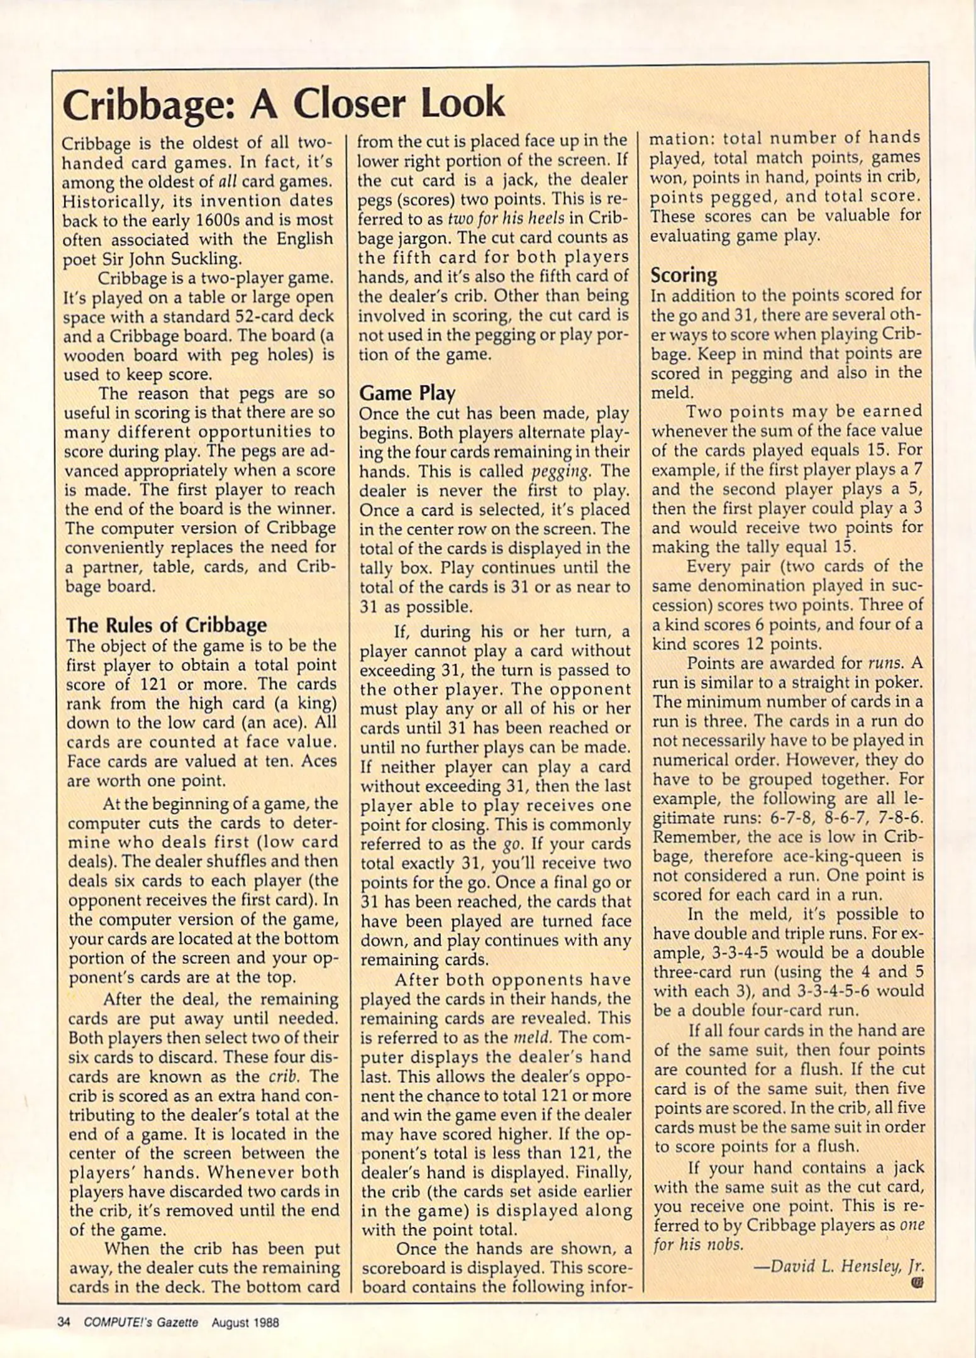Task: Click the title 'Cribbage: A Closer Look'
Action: click(284, 104)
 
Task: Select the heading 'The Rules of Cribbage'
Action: click(166, 624)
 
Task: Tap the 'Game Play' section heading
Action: click(407, 393)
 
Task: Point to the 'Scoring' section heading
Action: click(684, 275)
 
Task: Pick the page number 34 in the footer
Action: click(62, 1322)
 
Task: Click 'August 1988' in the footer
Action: click(245, 1322)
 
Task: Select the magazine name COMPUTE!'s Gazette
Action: click(141, 1322)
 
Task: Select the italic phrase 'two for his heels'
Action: click(501, 218)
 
